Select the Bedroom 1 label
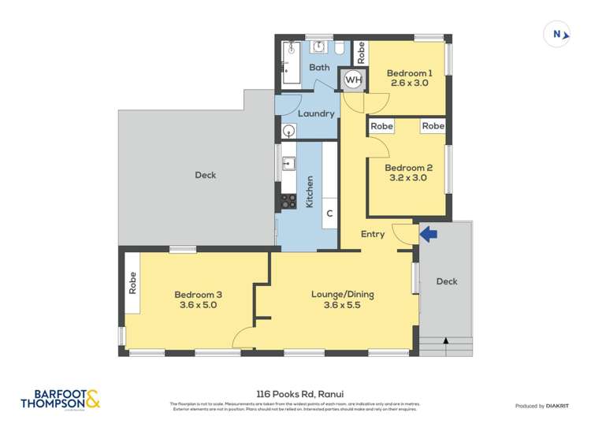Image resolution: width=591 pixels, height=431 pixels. coord(407,73)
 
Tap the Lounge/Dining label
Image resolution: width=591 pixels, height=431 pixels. coord(342,295)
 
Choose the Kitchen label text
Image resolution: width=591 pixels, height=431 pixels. coord(310,191)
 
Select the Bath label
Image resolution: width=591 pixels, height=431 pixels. coord(319,68)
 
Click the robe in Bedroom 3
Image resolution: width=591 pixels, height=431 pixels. coord(132,282)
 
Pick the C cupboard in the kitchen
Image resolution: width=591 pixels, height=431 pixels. coord(330,214)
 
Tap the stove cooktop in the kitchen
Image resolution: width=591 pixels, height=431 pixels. coord(288,201)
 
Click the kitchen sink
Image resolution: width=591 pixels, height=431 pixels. coord(288,164)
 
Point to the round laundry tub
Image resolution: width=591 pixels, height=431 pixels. coord(288,130)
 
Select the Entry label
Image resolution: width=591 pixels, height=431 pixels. coord(373,234)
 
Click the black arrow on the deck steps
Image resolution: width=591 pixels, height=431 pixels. coord(447,341)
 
